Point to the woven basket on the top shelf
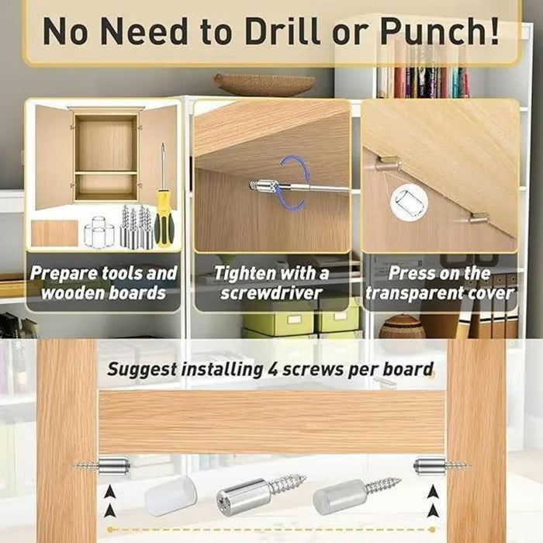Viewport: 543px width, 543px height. tap(265, 84)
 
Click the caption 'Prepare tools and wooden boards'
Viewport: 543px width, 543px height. tap(103, 283)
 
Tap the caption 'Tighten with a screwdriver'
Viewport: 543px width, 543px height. tap(271, 283)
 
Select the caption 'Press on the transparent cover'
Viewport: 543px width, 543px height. tap(440, 283)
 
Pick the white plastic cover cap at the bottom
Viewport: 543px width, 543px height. tap(171, 496)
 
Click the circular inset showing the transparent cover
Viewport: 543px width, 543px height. tap(409, 204)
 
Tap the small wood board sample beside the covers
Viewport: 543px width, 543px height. tap(54, 233)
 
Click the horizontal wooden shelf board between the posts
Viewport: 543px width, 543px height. tap(271, 423)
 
